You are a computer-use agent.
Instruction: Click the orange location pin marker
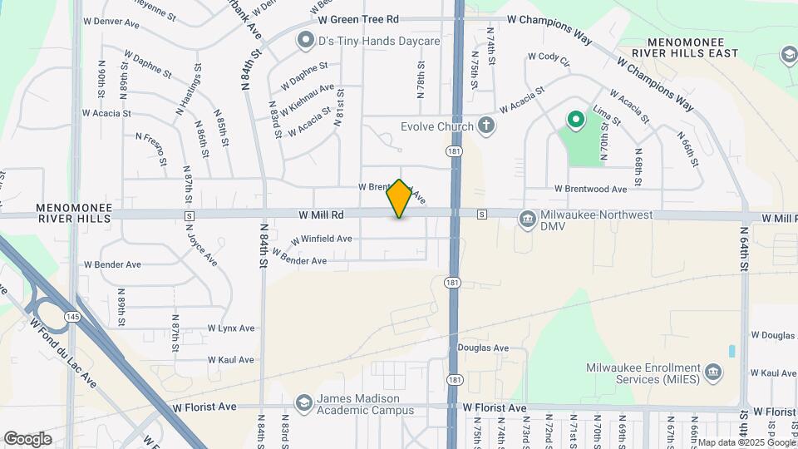click(x=400, y=199)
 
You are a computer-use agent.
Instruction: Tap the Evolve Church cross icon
click(x=486, y=126)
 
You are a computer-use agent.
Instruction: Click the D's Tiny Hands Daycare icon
click(x=306, y=39)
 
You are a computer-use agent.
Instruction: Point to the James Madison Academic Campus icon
click(x=303, y=403)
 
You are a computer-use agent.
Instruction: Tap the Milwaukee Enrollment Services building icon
click(x=712, y=371)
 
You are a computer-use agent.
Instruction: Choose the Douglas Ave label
click(x=483, y=348)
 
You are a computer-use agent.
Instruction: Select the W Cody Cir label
click(x=548, y=59)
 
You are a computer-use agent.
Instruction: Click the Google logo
click(x=27, y=438)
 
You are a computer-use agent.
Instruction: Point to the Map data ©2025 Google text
click(x=744, y=442)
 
